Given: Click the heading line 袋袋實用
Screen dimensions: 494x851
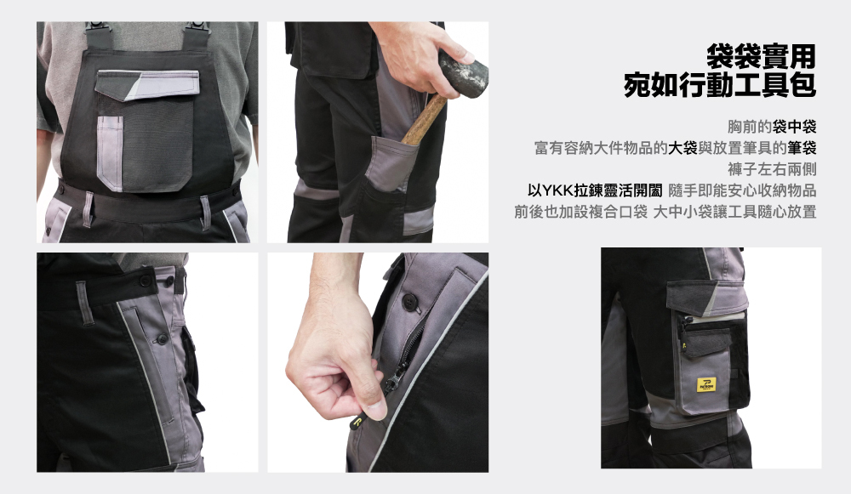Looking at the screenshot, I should coord(761,55).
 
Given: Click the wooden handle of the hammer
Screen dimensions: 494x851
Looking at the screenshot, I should coord(423,120).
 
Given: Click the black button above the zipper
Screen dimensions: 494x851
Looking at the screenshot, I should coord(409,298).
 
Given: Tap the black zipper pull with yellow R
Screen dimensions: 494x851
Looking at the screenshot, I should coord(358,422).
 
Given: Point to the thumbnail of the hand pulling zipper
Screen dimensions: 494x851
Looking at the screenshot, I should coord(378,362).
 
